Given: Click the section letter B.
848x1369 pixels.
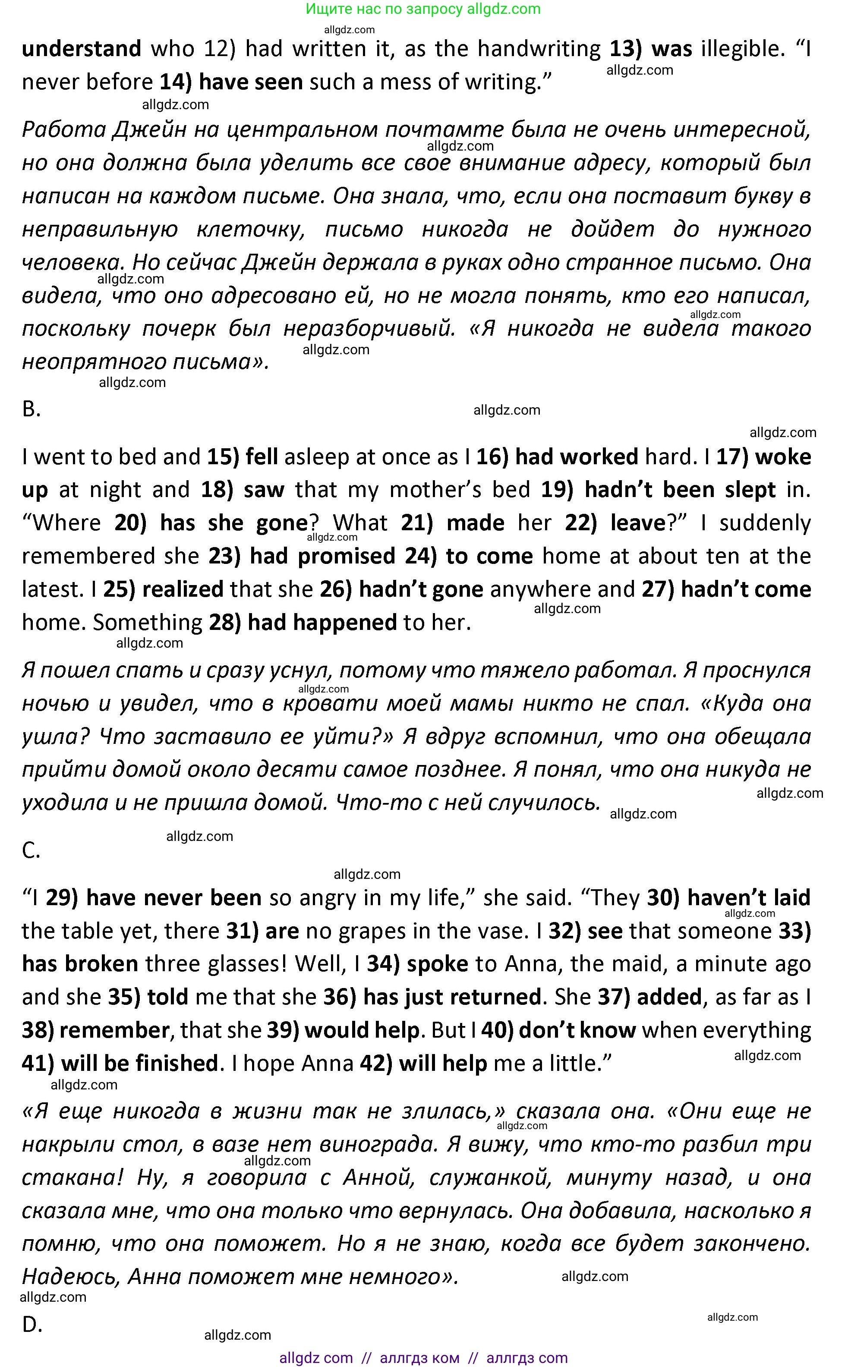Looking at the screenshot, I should [32, 409].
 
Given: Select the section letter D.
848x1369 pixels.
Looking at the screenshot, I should [32, 1325].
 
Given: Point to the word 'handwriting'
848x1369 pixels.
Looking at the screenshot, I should [539, 49].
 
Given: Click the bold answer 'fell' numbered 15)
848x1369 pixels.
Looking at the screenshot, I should [262, 457].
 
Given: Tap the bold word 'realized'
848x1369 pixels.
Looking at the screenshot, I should [183, 589].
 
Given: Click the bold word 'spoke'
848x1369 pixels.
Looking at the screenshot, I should [438, 964].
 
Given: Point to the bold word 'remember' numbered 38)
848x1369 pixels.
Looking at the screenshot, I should [114, 1030].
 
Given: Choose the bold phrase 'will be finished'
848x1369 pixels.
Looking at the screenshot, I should [139, 1064].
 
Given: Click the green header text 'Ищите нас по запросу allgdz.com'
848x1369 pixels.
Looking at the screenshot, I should [423, 9].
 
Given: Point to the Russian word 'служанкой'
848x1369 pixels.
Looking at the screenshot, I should [490, 1178].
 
